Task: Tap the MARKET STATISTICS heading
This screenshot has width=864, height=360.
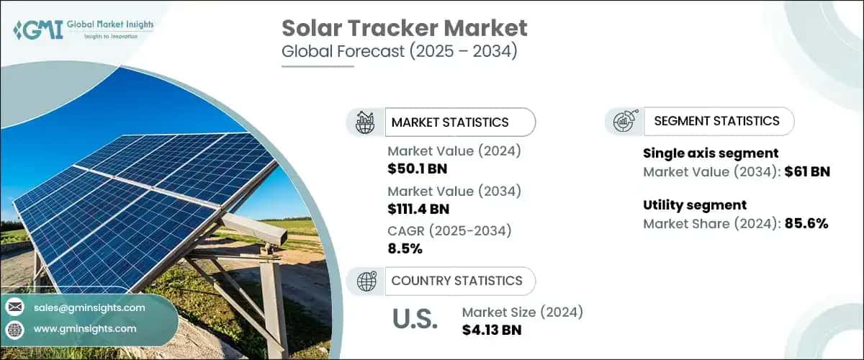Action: (450, 122)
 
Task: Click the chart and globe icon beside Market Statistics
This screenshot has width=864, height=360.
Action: (366, 122)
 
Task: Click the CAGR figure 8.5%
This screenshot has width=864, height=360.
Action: (405, 249)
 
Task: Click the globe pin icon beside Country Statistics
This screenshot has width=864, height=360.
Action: (366, 281)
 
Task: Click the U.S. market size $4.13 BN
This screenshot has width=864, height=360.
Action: (492, 330)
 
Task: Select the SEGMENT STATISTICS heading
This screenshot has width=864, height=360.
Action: (716, 121)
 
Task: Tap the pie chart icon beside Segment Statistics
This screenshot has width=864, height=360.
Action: (624, 121)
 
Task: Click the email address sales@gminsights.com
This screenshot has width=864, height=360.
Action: (89, 307)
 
